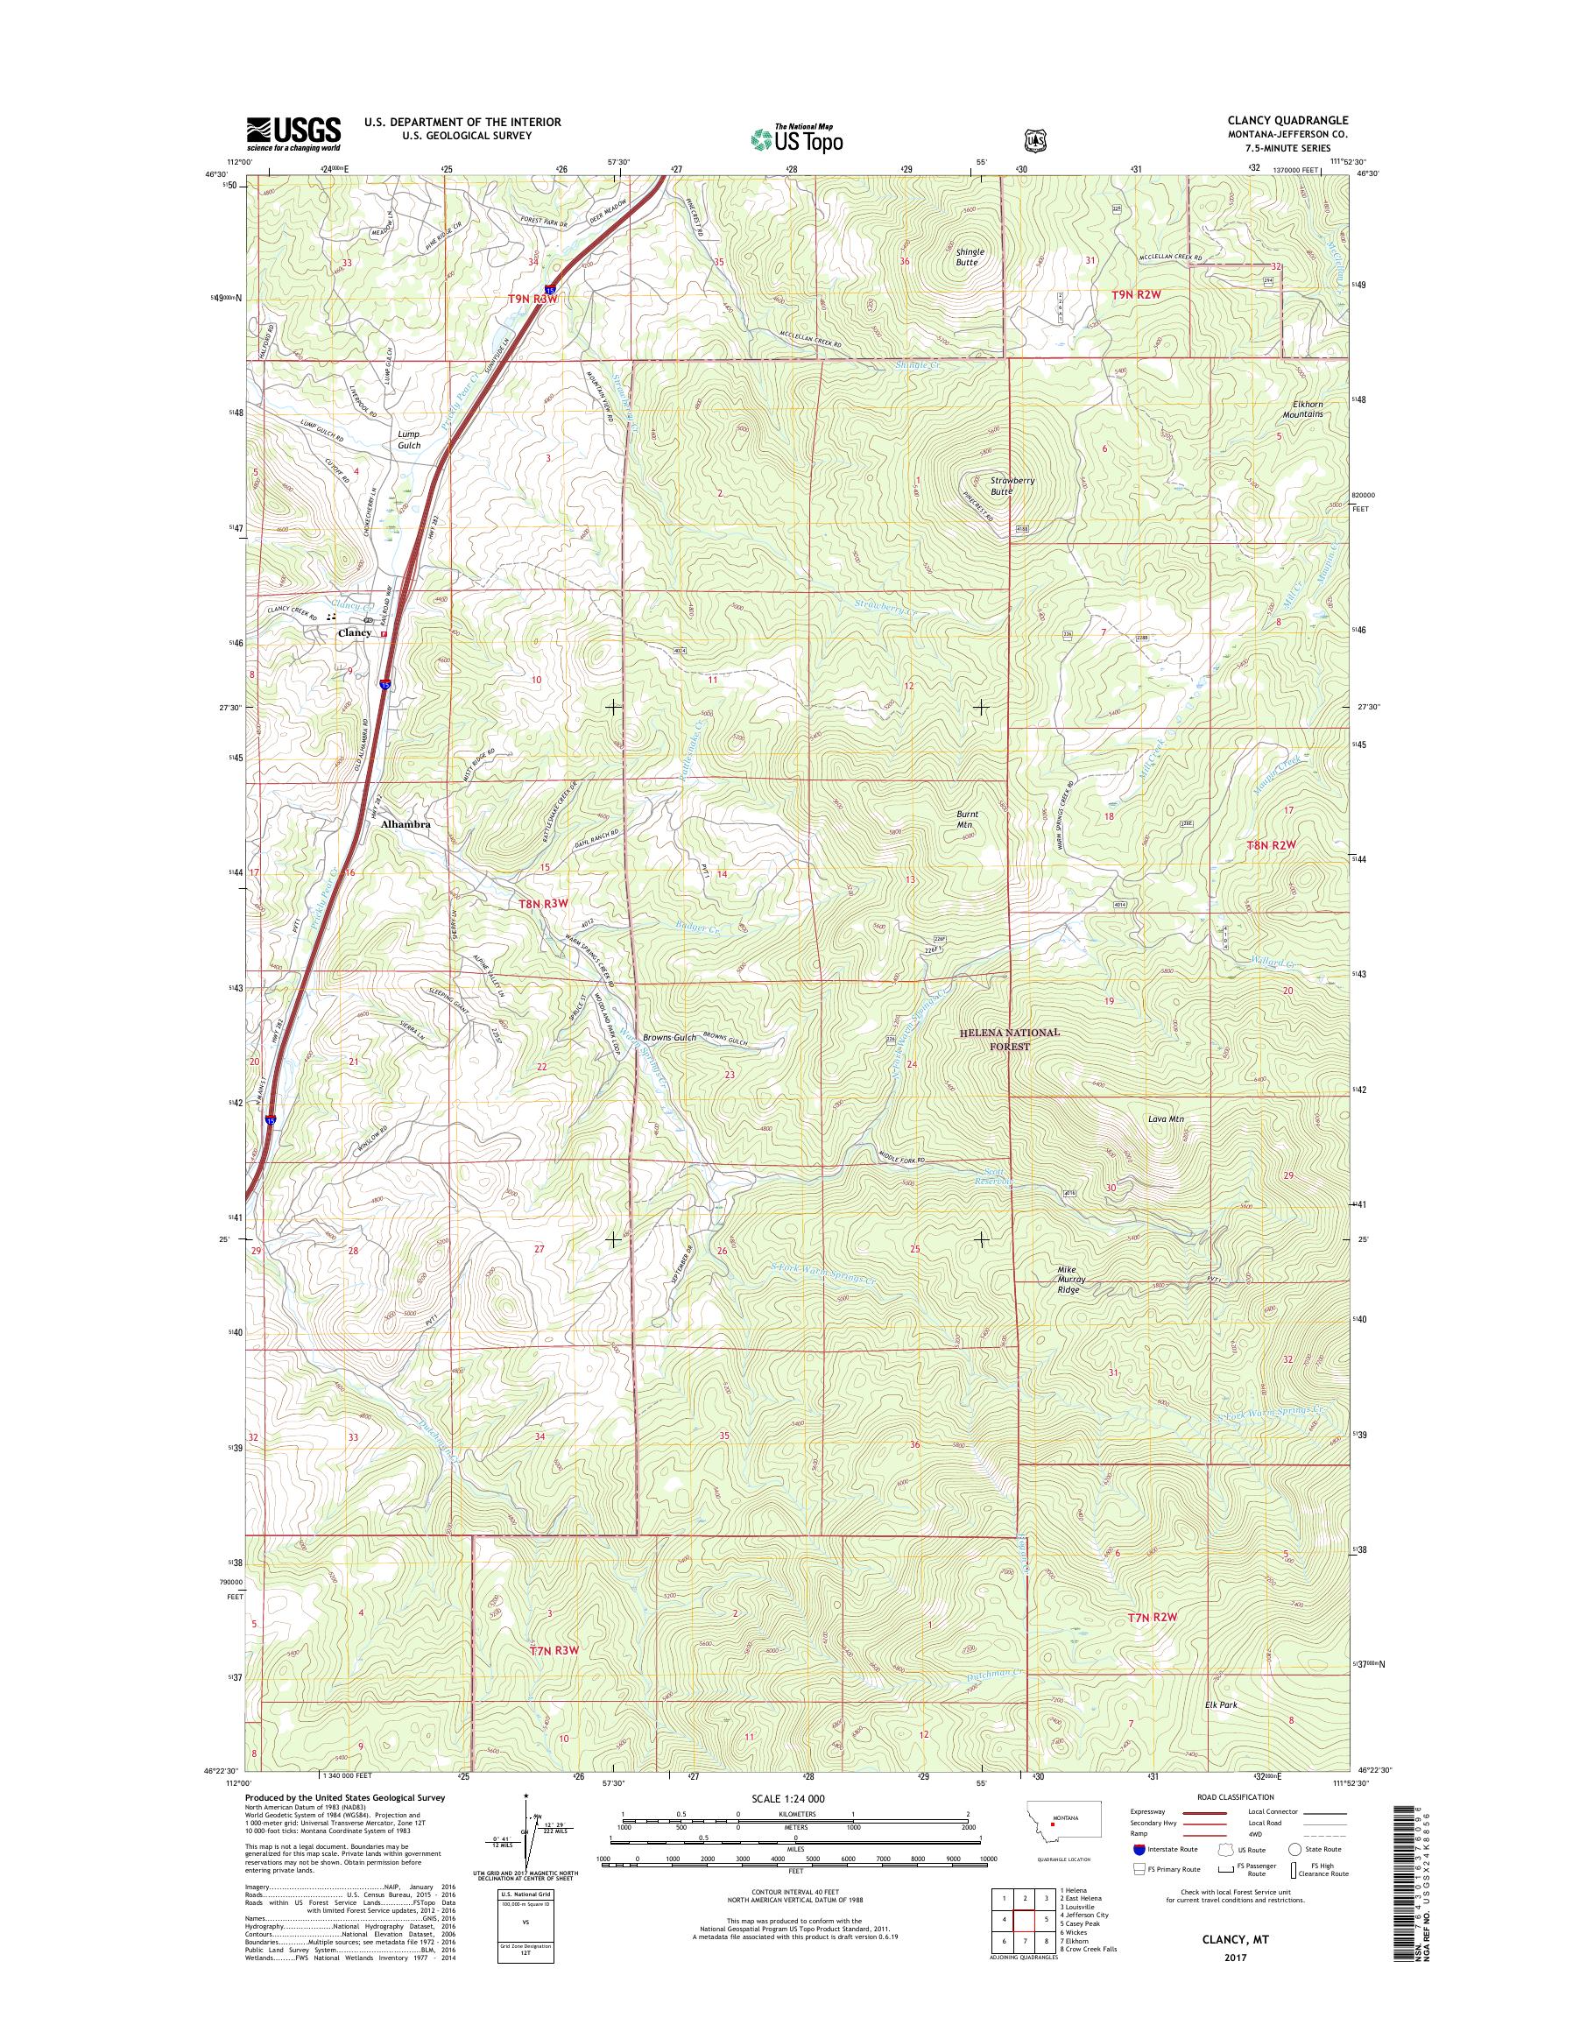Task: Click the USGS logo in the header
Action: (293, 134)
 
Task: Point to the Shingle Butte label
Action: (967, 258)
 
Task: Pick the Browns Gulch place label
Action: (667, 1038)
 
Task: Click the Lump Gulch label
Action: (409, 440)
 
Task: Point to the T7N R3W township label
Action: (554, 1650)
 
